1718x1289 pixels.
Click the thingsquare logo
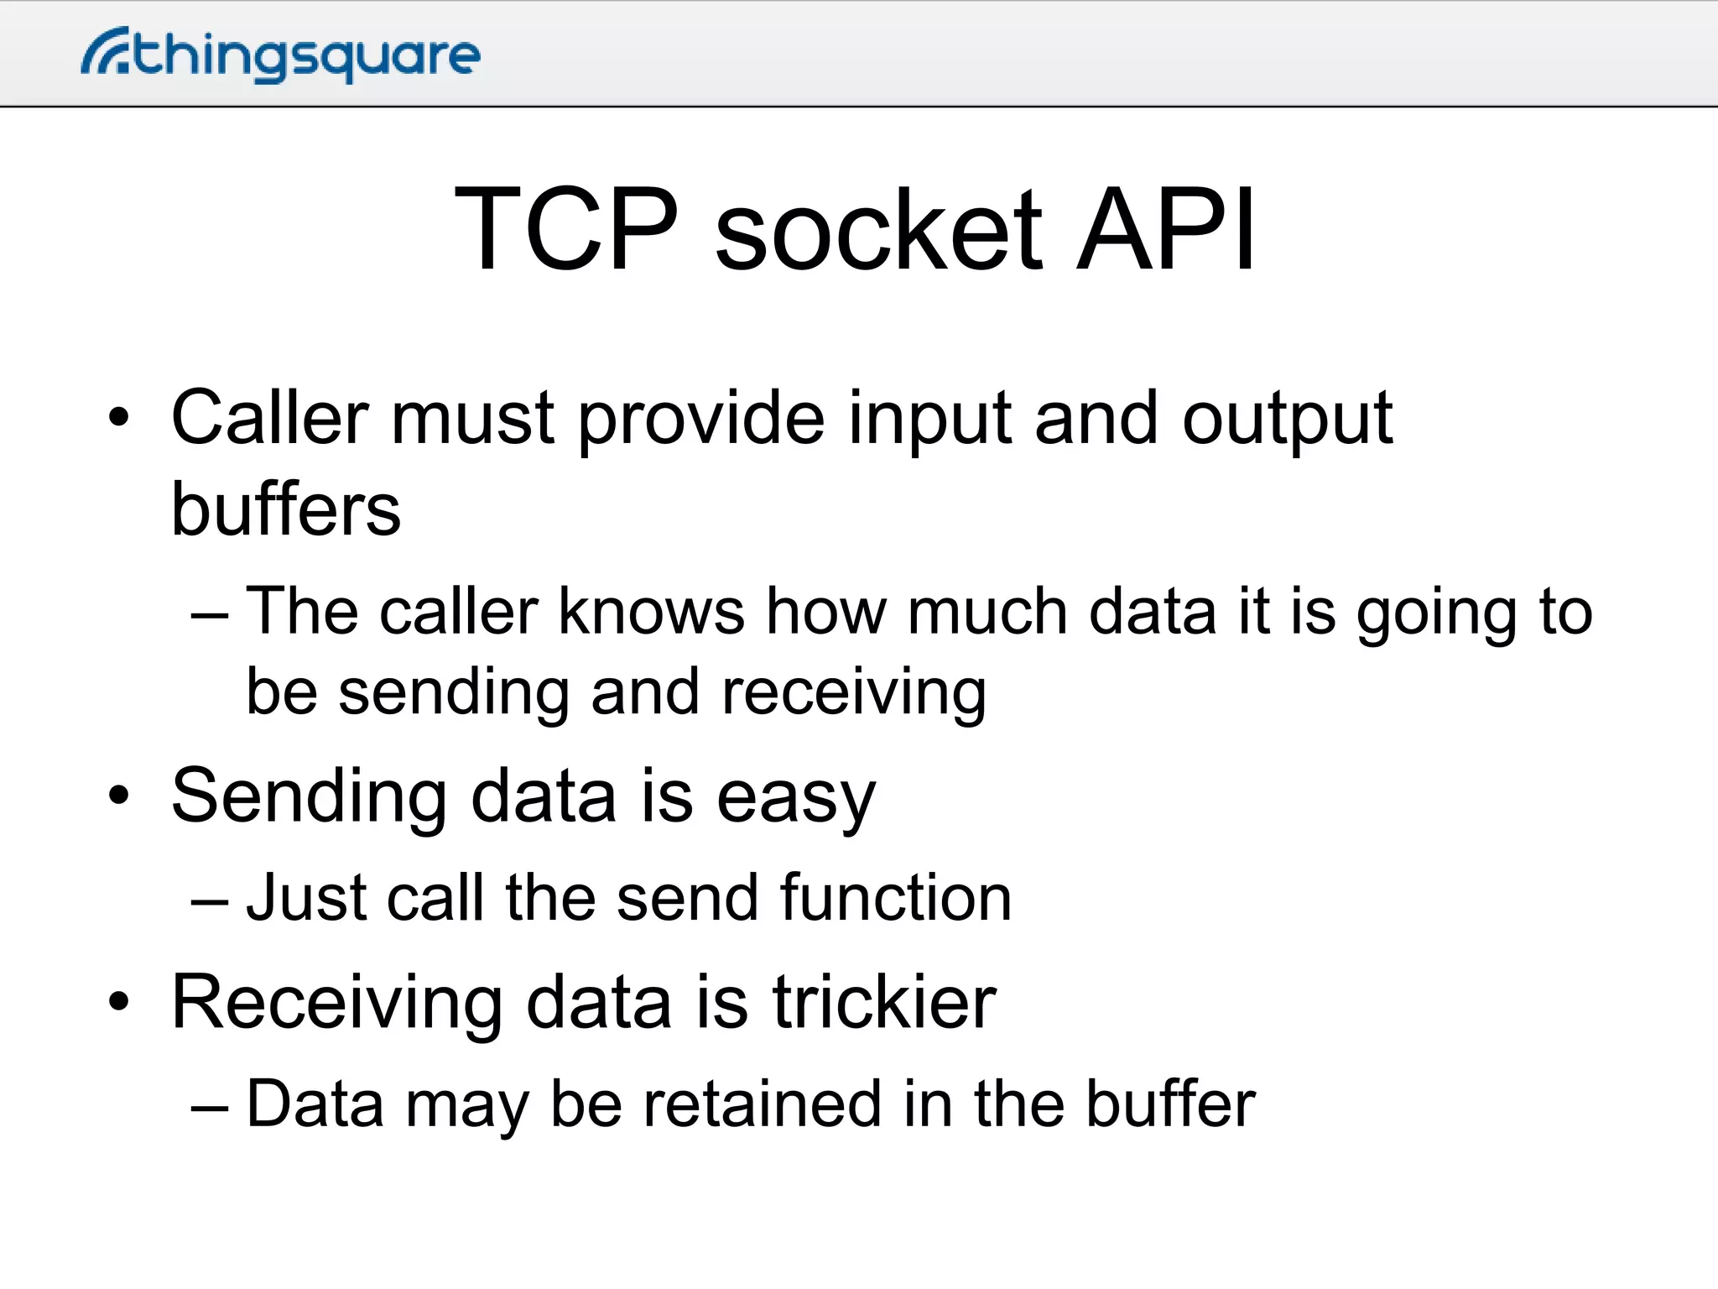[281, 55]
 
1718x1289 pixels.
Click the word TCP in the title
[566, 229]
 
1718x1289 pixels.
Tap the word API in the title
[1165, 229]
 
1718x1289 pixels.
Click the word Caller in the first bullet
[269, 417]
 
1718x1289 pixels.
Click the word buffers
[286, 509]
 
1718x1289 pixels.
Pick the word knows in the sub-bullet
[651, 611]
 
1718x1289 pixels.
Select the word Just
[306, 898]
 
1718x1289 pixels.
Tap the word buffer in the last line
[1170, 1104]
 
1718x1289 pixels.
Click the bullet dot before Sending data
[119, 796]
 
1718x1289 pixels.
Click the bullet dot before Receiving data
[119, 1001]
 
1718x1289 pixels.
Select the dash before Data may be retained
[209, 1107]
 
